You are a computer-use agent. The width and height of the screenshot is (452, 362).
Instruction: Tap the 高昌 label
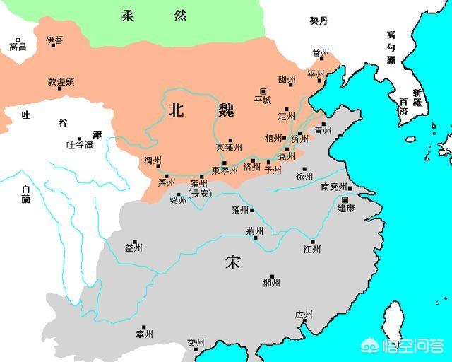pyautogui.click(x=16, y=47)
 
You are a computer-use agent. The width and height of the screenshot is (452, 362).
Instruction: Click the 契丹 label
pyautogui.click(x=319, y=22)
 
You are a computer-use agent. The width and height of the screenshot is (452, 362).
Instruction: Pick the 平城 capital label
pyautogui.click(x=262, y=100)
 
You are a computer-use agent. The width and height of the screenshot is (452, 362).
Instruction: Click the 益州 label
pyautogui.click(x=133, y=247)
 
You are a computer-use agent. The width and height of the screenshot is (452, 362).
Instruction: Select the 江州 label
pyautogui.click(x=311, y=249)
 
